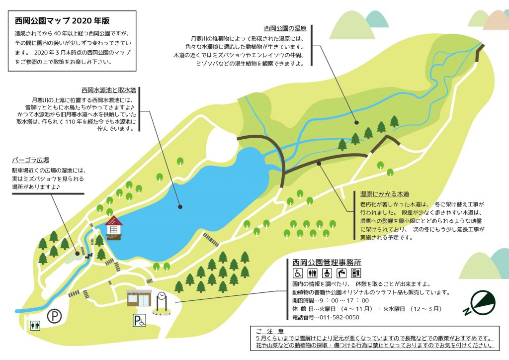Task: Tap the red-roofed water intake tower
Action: (113, 228)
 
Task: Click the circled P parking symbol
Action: (53, 315)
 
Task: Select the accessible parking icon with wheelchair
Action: (139, 321)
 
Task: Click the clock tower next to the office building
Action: (162, 303)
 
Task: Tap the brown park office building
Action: (139, 298)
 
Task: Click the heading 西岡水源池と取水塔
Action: (109, 90)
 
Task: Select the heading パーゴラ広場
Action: (30, 160)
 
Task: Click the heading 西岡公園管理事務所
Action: (327, 262)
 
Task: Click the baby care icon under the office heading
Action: (327, 273)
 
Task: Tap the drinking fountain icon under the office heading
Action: (341, 273)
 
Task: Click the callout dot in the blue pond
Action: (180, 206)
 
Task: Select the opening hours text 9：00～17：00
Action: (346, 300)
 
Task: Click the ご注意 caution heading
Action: (269, 331)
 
